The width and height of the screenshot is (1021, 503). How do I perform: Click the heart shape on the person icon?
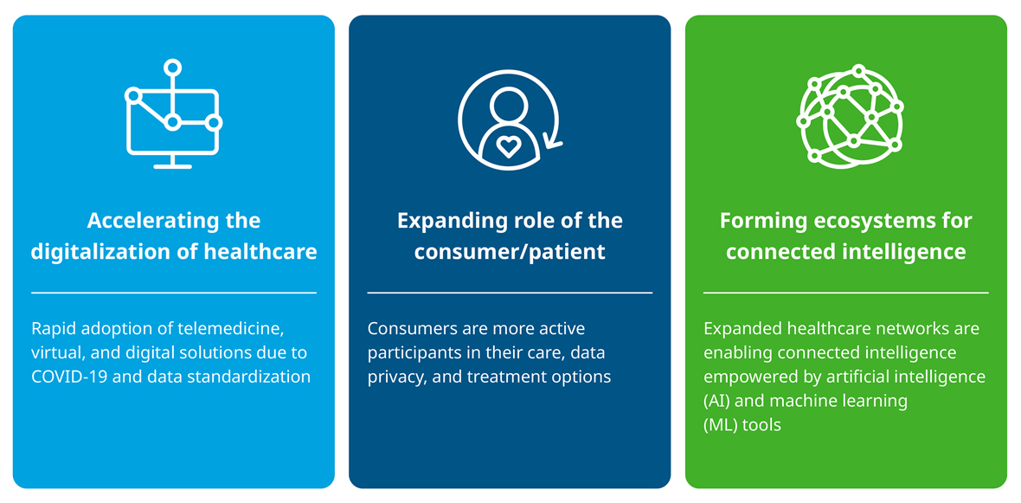[507, 146]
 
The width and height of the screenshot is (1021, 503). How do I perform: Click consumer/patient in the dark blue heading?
[510, 252]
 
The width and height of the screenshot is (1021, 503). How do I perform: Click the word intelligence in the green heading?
[902, 252]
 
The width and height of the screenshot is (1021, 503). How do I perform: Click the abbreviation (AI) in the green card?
[716, 402]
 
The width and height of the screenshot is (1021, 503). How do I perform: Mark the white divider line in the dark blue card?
[510, 293]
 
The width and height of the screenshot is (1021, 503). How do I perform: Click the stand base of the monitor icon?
[172, 167]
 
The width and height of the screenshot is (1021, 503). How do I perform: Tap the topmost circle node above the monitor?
[172, 68]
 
